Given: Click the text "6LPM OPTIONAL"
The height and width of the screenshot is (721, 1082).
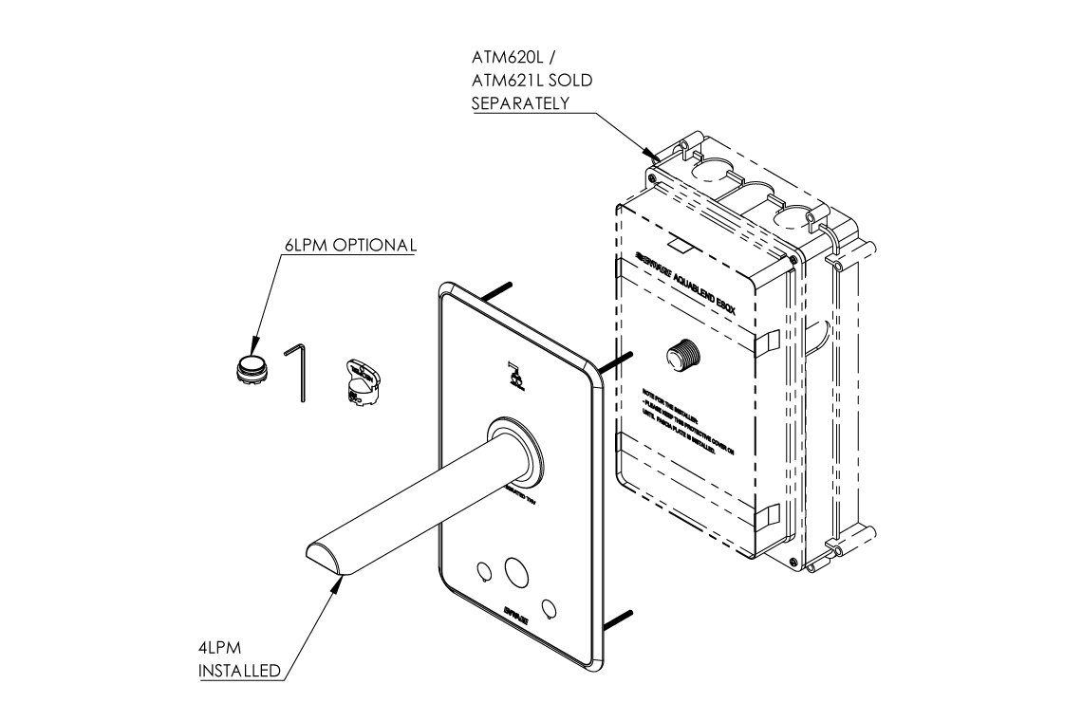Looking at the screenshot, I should pos(350,245).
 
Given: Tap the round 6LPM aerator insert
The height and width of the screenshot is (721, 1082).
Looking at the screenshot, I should pos(252,367).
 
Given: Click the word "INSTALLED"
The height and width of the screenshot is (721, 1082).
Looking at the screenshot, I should pos(239,672).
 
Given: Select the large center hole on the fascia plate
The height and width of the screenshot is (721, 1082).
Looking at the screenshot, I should pos(516,571).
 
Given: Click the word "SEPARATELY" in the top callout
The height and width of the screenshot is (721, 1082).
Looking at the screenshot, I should pos(521,102).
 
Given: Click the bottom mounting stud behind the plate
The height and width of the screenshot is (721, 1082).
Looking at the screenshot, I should pos(616,618).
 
